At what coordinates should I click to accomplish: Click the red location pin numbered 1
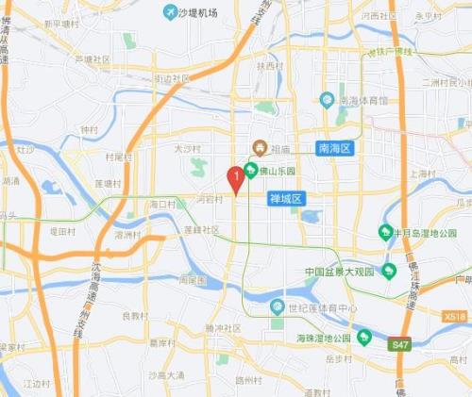tap(235, 176)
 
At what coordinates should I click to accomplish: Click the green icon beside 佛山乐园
tap(250, 171)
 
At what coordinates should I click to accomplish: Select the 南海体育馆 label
tap(363, 99)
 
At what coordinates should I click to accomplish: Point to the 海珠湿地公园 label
tap(324, 338)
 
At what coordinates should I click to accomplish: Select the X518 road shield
tap(455, 317)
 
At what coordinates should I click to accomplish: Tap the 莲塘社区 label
tap(202, 229)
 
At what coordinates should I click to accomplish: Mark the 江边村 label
tap(37, 383)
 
